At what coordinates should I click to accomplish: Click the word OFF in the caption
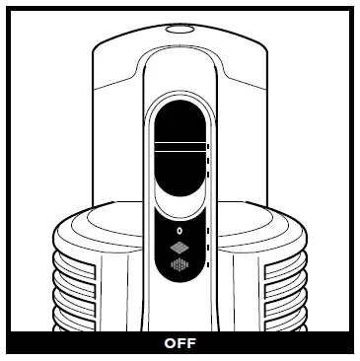(180, 345)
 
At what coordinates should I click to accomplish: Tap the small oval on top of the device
(179, 30)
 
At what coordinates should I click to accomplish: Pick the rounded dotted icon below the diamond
(179, 264)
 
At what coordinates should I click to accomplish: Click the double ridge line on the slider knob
(179, 145)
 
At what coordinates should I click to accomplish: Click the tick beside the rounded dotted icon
(209, 264)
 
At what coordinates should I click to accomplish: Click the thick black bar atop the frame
(180, 9)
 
